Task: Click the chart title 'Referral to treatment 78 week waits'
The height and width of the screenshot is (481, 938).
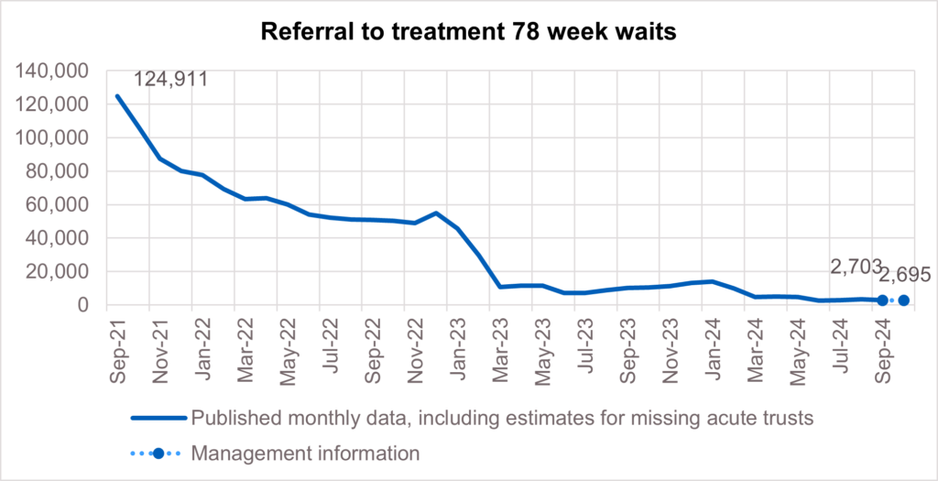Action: [468, 32]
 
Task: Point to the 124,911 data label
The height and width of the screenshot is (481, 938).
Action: [171, 79]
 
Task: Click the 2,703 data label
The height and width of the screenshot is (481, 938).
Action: [859, 268]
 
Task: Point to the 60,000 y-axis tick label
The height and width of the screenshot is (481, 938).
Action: [61, 205]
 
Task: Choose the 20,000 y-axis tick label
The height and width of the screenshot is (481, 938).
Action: [61, 272]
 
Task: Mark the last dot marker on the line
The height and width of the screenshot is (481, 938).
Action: [904, 301]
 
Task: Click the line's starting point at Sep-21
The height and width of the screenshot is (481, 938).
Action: [116, 95]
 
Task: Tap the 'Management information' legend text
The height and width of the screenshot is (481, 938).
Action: [305, 453]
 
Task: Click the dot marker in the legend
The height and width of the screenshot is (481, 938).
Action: [158, 453]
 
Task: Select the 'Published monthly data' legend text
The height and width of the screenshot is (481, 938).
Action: [502, 419]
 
